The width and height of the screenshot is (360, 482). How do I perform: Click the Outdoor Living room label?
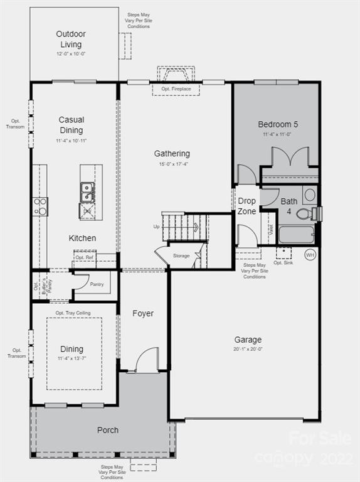click(71, 39)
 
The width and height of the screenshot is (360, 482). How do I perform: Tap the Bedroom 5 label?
click(278, 124)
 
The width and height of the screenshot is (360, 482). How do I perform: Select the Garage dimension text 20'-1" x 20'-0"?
click(248, 349)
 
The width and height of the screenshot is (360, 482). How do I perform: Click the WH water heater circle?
click(310, 255)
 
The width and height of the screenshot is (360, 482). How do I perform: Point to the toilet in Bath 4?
click(304, 214)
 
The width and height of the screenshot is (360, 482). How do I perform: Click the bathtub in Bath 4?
click(296, 235)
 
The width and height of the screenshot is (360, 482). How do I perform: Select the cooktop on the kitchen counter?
click(40, 206)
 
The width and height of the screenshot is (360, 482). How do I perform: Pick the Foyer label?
click(143, 313)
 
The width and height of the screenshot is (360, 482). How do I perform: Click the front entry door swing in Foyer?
click(147, 361)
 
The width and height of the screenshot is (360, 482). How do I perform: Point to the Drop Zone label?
click(246, 206)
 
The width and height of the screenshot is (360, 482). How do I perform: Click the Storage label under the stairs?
click(181, 256)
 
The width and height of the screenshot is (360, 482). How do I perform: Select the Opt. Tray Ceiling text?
click(73, 313)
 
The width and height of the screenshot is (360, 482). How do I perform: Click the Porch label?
click(108, 430)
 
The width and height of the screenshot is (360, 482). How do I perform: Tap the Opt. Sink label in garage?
click(283, 262)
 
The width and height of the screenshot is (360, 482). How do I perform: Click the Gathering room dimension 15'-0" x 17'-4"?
click(172, 164)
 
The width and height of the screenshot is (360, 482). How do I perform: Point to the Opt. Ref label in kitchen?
click(84, 257)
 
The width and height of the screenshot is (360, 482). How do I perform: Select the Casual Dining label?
click(71, 125)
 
